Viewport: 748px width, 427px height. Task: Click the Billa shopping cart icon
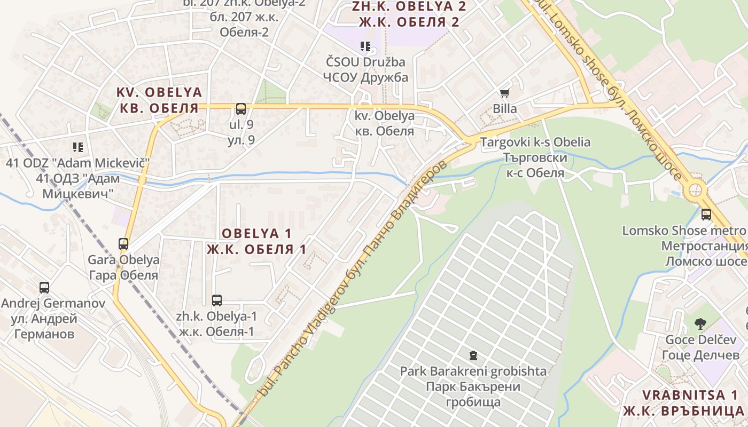click(x=504, y=93)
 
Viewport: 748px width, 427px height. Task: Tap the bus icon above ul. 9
click(x=241, y=109)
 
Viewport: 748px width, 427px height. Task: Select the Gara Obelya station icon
click(x=123, y=244)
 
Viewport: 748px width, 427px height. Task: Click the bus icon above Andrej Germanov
click(x=44, y=288)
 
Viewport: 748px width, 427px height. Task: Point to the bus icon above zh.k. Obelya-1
click(x=216, y=301)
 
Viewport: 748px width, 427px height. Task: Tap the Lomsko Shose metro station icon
click(x=706, y=215)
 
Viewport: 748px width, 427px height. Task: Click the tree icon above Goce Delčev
click(x=700, y=323)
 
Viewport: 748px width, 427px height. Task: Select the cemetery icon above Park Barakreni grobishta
click(x=473, y=355)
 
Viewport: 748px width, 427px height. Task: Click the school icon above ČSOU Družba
click(x=365, y=46)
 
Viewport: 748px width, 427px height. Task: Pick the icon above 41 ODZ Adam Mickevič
click(x=78, y=147)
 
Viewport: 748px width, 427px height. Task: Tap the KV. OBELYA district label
click(x=159, y=100)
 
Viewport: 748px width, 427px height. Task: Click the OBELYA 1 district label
click(x=256, y=241)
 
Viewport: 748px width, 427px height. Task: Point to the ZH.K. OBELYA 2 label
click(x=409, y=14)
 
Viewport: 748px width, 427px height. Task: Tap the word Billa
click(x=505, y=109)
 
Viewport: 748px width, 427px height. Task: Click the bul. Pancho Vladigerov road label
click(x=353, y=278)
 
